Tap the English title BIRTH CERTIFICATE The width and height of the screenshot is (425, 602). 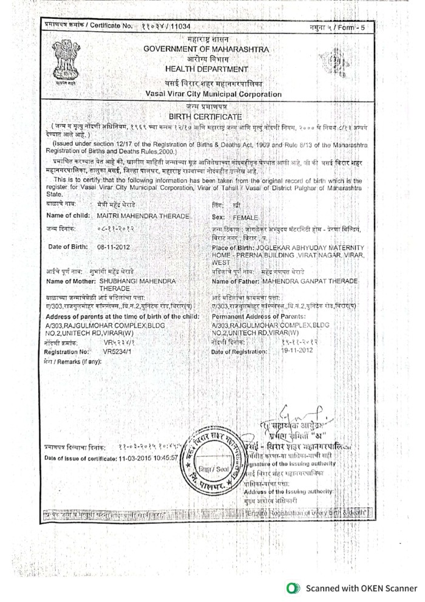pyautogui.click(x=205, y=116)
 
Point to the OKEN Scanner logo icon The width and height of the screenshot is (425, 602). pyautogui.click(x=294, y=587)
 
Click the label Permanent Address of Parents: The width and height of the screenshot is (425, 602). pyautogui.click(x=257, y=316)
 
